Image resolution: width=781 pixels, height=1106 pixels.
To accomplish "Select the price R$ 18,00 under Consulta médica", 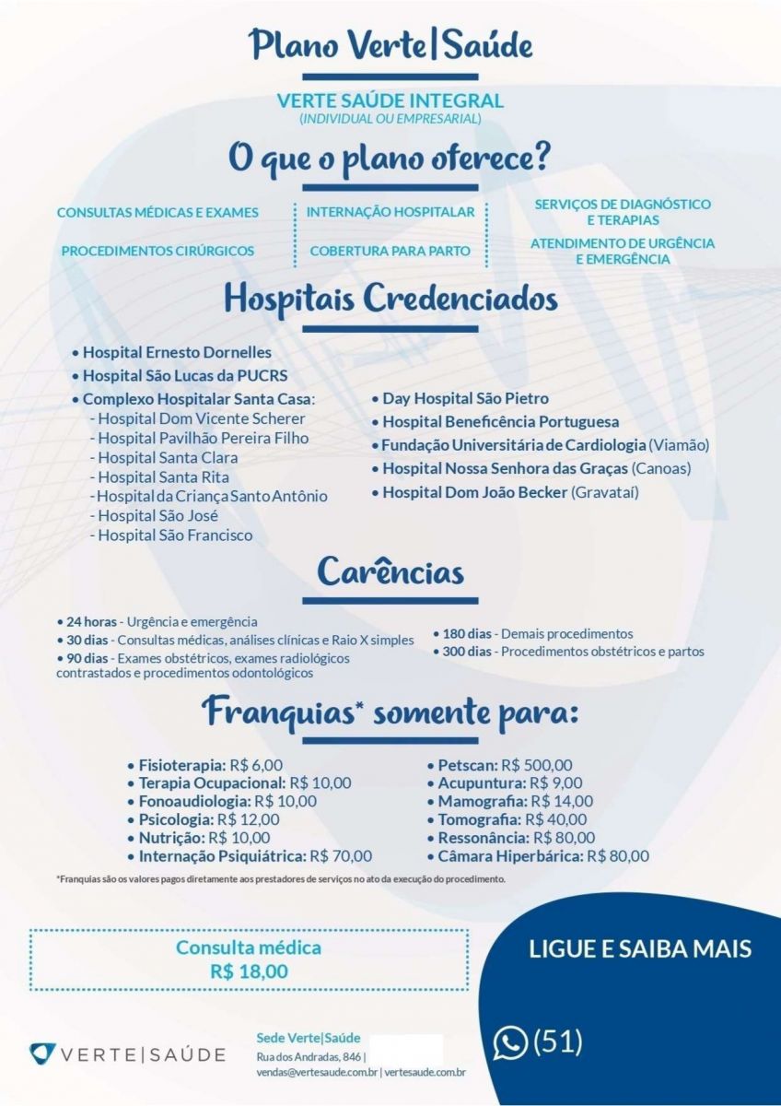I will [249, 971].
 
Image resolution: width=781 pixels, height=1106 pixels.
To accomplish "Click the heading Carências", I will [390, 572].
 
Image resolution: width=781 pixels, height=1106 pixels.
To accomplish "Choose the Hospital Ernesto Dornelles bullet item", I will [177, 351].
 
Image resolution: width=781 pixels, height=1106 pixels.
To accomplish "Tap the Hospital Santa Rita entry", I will [164, 477].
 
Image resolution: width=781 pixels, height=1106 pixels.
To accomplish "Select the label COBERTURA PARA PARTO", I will [390, 251].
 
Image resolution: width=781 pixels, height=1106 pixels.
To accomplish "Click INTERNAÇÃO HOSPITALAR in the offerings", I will [390, 212].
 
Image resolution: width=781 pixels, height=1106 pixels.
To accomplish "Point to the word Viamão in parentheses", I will [679, 445].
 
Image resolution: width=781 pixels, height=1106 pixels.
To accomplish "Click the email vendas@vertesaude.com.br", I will [316, 1072].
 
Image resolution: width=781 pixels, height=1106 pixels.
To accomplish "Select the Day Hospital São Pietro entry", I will [465, 398].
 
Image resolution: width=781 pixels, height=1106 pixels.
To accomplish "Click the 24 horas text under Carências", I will [91, 621].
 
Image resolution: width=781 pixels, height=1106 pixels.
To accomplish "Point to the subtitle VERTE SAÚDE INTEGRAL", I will [390, 100].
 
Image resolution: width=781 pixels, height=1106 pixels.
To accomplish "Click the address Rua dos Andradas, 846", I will [309, 1055].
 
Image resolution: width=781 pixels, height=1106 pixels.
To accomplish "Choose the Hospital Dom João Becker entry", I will [474, 492].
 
